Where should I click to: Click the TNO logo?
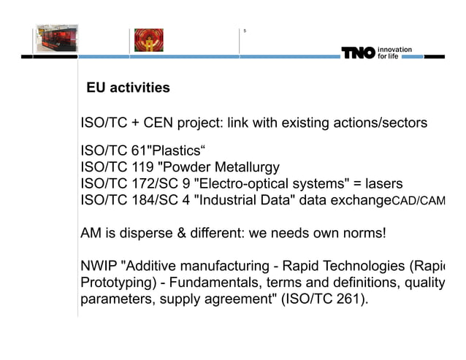[x=358, y=53]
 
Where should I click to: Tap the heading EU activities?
[x=128, y=88]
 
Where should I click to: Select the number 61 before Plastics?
[x=140, y=152]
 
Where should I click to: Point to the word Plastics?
[x=174, y=152]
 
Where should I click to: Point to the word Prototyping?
[x=114, y=283]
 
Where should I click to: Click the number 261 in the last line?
[x=349, y=299]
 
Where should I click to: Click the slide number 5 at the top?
[x=245, y=31]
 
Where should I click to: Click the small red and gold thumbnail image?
[x=148, y=40]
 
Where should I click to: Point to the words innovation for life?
[x=394, y=53]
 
